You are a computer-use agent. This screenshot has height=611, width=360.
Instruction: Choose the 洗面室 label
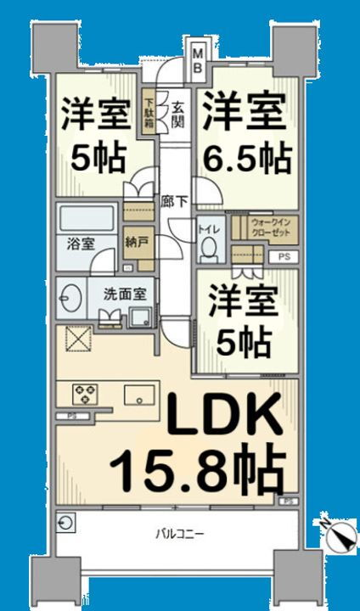click(x=126, y=294)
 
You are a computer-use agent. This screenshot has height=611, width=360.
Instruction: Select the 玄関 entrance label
click(x=178, y=115)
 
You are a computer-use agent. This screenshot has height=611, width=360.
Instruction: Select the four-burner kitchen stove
click(x=87, y=393)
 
